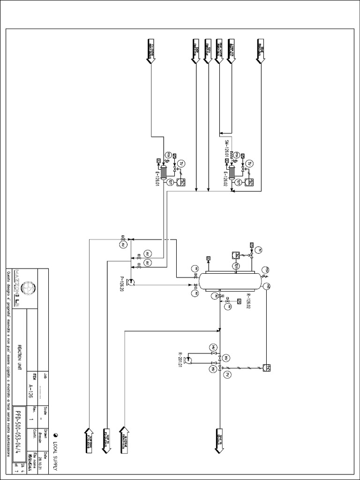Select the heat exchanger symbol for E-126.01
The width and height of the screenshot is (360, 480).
pos(164,172)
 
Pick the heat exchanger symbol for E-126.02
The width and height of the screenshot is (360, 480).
pos(232,172)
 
